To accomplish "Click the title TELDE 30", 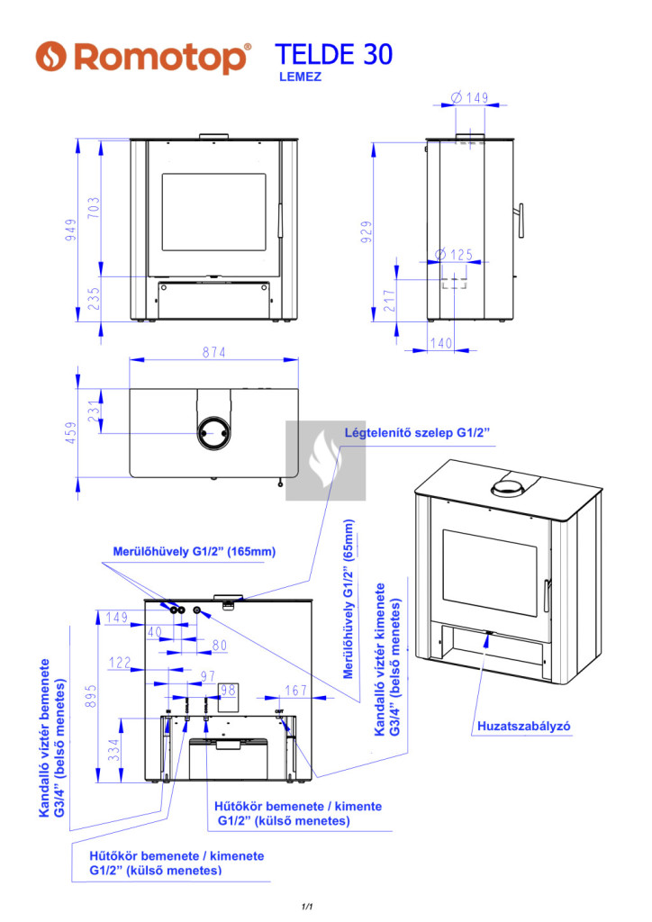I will click(x=332, y=55).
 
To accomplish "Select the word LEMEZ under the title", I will click(x=301, y=77).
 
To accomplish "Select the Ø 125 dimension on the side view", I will click(x=453, y=255).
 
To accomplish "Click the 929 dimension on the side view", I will click(x=366, y=232).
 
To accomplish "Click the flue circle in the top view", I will click(x=214, y=434).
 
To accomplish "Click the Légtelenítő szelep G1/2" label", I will click(x=417, y=433).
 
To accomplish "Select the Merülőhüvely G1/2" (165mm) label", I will click(x=194, y=551).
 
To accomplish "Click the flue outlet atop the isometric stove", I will click(x=510, y=489).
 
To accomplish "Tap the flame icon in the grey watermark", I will click(x=325, y=460).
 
